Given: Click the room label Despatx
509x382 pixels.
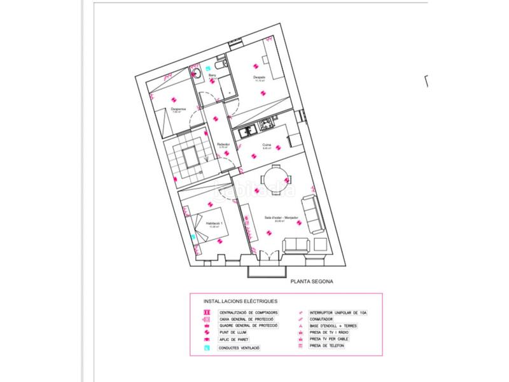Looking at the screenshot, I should tap(260, 77).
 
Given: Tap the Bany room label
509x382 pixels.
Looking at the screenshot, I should tap(213, 74).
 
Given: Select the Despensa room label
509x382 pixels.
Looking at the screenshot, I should tap(179, 108).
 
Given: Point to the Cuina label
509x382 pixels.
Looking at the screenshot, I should tap(267, 145).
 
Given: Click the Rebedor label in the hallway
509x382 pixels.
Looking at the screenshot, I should tap(223, 143).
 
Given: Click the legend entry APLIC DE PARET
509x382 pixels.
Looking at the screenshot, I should tap(234, 340).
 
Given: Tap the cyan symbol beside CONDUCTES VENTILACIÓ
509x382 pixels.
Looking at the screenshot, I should tap(206, 348).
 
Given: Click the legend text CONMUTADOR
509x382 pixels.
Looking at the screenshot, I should tap(323, 320).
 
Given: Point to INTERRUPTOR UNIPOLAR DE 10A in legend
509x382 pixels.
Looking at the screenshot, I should tap(337, 313).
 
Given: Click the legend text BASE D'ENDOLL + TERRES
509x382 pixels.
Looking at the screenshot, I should tap(333, 326).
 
